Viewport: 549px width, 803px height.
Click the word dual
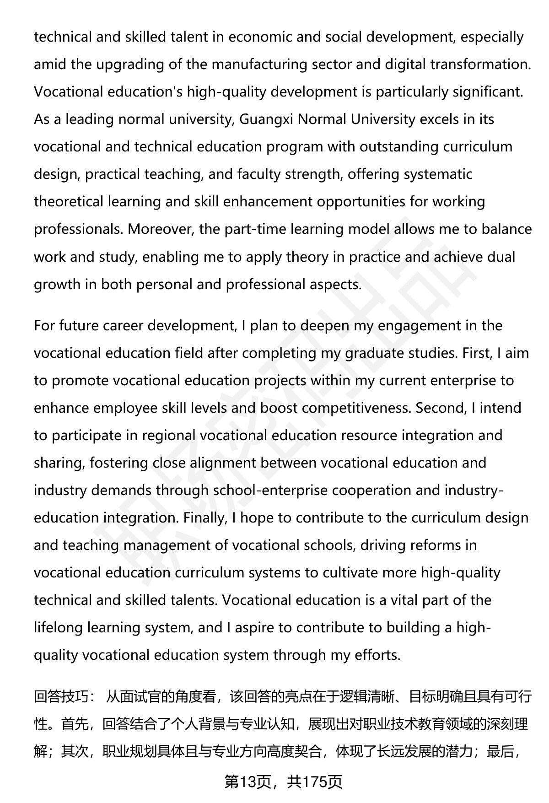501,257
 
